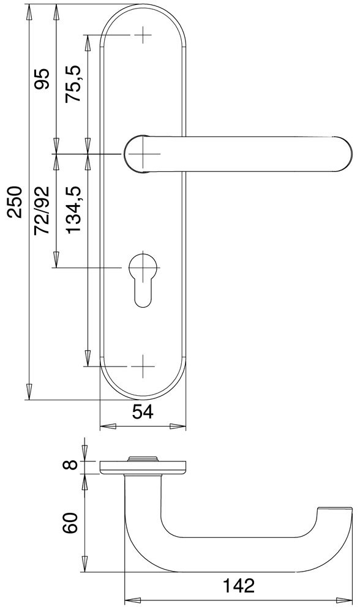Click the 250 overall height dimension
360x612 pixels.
(16, 202)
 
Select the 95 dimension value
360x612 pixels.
(42, 79)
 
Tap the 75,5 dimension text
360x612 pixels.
(73, 84)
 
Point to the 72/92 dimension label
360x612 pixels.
(42, 211)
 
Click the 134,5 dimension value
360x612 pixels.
(73, 209)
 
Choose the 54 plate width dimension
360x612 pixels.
(143, 412)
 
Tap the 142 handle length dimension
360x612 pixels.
(238, 586)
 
